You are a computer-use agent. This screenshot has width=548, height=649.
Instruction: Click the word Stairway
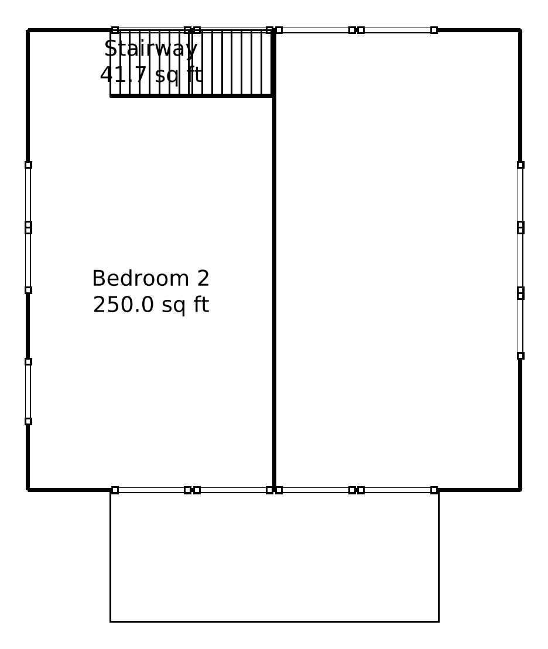click(x=151, y=49)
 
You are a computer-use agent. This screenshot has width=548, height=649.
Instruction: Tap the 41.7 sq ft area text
click(x=151, y=75)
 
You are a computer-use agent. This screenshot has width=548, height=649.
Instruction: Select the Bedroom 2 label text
click(x=151, y=278)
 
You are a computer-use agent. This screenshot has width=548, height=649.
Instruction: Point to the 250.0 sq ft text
click(x=151, y=305)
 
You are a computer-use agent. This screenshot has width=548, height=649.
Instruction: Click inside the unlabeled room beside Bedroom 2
click(x=397, y=258)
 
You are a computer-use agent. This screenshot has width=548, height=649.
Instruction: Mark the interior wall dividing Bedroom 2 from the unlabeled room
click(x=274, y=293)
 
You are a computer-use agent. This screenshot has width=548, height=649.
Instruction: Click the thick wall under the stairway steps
click(x=191, y=95)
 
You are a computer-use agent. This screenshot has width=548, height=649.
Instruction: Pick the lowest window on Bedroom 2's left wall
click(x=28, y=391)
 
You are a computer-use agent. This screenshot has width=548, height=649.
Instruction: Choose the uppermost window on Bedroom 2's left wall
click(x=28, y=194)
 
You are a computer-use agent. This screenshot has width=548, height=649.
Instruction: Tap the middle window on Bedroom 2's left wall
click(x=28, y=260)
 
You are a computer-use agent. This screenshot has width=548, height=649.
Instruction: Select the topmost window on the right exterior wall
click(x=520, y=194)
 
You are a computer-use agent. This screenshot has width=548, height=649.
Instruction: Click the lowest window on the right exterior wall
click(x=520, y=326)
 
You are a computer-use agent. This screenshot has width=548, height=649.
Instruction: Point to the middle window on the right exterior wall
click(x=520, y=260)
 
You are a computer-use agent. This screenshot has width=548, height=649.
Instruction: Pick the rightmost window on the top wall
click(x=397, y=30)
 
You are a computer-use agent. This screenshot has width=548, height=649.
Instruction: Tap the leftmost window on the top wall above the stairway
click(x=151, y=30)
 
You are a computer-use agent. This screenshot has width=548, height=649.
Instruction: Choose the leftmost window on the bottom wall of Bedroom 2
click(x=151, y=490)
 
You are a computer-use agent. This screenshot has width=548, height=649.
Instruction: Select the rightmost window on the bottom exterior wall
click(x=397, y=490)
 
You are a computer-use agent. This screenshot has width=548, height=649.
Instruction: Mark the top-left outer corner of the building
click(x=28, y=30)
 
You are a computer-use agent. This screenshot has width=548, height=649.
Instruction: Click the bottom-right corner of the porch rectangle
click(x=439, y=621)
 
